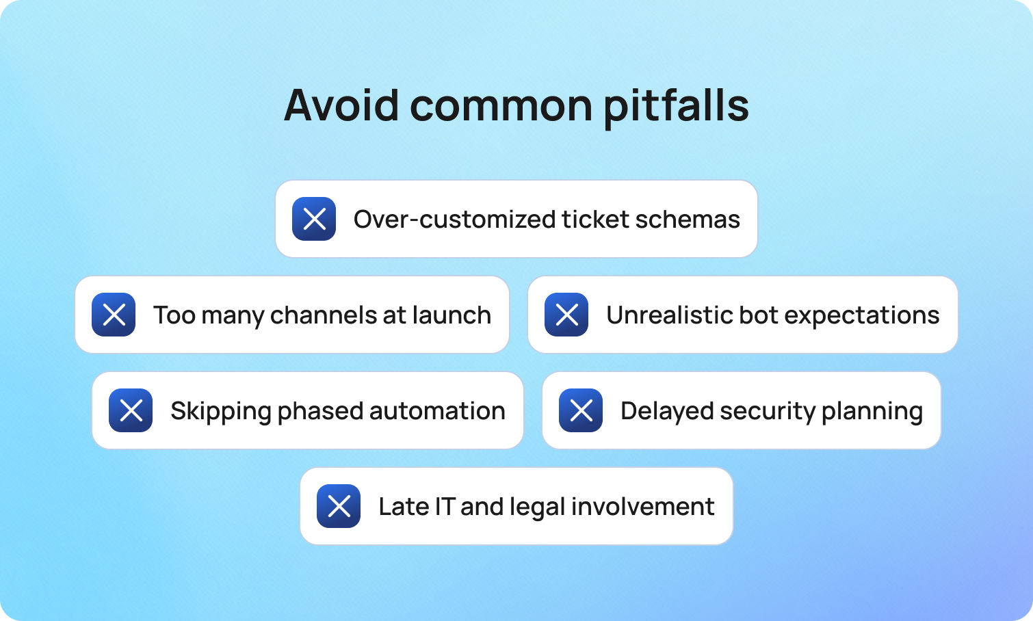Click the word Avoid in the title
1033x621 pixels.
pyautogui.click(x=341, y=105)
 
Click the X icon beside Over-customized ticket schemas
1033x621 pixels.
pyautogui.click(x=314, y=219)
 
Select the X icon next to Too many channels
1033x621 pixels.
pyautogui.click(x=114, y=315)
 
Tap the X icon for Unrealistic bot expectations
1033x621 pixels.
pyautogui.click(x=566, y=315)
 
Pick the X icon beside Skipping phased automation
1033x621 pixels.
pyautogui.click(x=131, y=410)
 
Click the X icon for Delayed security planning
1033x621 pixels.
pyautogui.click(x=581, y=410)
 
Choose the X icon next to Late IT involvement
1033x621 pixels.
pyautogui.click(x=339, y=506)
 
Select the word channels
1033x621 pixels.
pyautogui.click(x=323, y=315)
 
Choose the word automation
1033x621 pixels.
pyautogui.click(x=437, y=411)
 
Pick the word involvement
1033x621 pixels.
pyautogui.click(x=642, y=507)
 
